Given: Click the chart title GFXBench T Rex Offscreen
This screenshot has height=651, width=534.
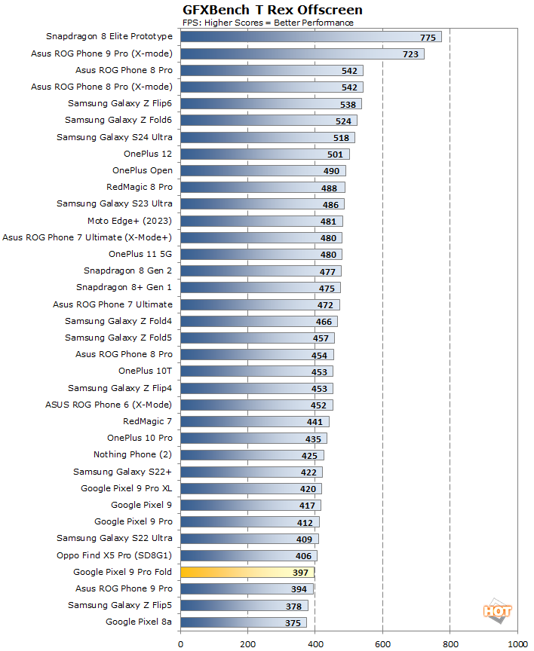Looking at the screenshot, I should coord(272,10).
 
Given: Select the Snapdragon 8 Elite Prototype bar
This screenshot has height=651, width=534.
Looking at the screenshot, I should coord(311,37).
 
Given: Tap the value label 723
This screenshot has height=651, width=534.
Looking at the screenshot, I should coord(411,54).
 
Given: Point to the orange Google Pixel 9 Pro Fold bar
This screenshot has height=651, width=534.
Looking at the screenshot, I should coord(247,573).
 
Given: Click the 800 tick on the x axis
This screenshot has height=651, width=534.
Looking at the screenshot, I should coord(450,643).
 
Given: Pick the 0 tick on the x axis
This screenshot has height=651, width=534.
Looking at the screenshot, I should coord(180,643).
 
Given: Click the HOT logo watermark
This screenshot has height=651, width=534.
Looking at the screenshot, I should coord(498,612).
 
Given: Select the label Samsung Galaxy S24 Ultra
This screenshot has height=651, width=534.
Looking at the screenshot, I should coord(115,137).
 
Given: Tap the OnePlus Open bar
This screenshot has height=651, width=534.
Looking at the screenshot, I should coord(262,170).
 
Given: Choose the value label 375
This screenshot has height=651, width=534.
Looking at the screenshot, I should coord(294,622).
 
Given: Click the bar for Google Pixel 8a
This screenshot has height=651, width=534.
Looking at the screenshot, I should coord(243,622).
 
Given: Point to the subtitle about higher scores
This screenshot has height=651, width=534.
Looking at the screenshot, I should coord(269,23).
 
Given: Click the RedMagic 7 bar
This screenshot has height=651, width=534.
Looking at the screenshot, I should coord(254,422).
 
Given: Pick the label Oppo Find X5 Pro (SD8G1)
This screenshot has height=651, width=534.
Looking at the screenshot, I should coord(115,555).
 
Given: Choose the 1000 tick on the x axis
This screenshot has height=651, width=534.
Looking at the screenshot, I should coord(517,643).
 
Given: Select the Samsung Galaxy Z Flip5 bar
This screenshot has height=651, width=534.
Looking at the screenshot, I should coord(244,606).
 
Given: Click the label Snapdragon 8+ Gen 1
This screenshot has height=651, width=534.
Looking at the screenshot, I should coord(124,287).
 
